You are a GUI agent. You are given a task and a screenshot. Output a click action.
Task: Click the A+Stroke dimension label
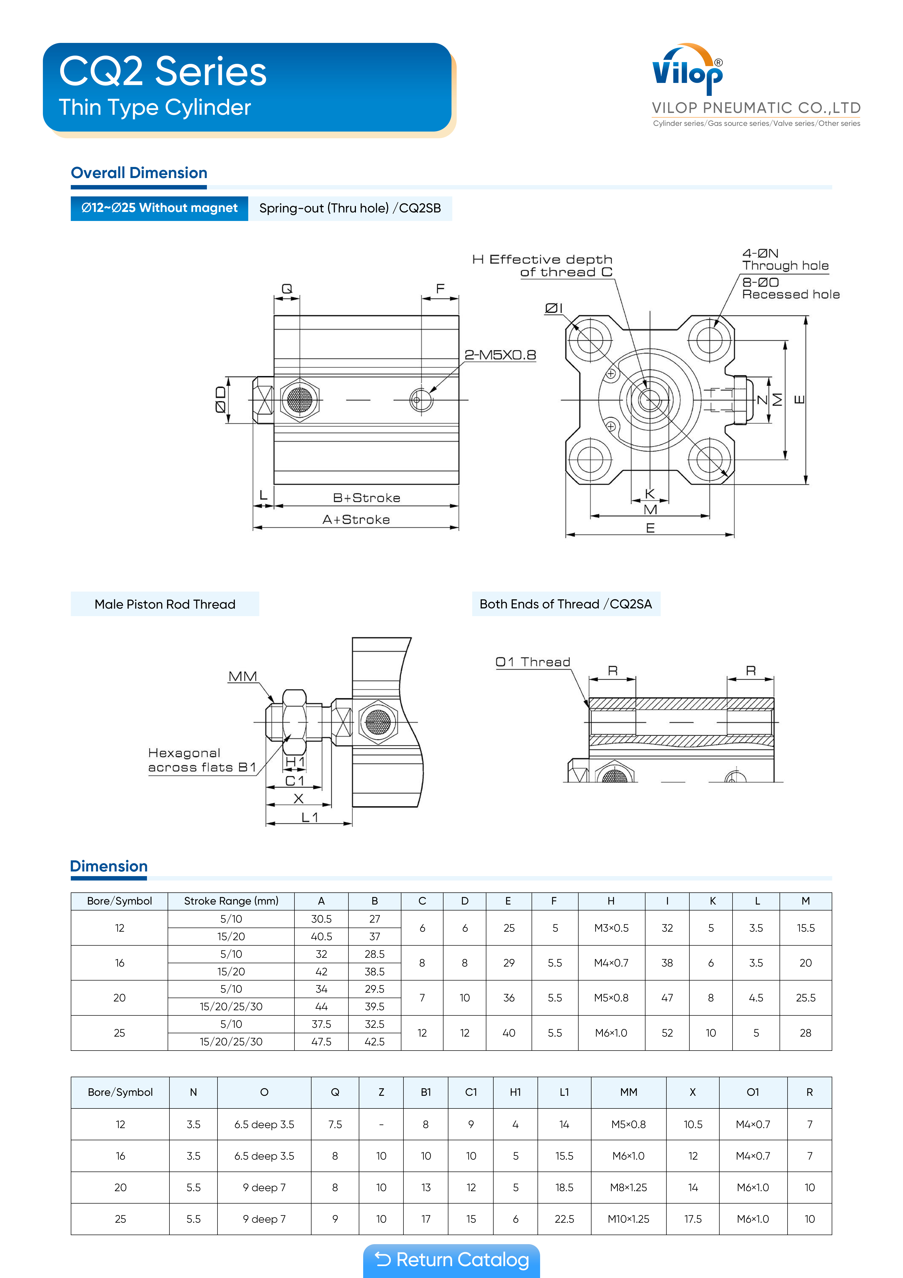[x=356, y=519]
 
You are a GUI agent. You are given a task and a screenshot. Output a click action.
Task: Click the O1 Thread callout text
[x=532, y=662]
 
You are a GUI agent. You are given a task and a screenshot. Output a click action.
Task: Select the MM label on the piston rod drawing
[x=243, y=676]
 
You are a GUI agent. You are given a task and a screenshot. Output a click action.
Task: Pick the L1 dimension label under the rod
[x=309, y=817]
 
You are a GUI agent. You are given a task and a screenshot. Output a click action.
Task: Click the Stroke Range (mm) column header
[x=231, y=901]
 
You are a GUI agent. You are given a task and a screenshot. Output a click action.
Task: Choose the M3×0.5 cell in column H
[x=611, y=928]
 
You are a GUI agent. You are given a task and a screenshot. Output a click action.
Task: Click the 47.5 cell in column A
[x=321, y=1042]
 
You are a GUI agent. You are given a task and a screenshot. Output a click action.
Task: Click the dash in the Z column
[x=381, y=1124]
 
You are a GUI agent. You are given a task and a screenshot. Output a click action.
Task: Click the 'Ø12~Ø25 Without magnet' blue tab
[x=159, y=208]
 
